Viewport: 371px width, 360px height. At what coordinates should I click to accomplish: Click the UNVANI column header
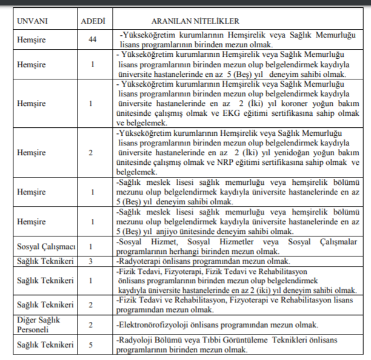tap(34, 22)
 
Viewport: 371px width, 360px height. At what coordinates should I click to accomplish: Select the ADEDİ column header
tap(93, 22)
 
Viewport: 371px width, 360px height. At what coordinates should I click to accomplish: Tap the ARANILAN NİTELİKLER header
tap(195, 22)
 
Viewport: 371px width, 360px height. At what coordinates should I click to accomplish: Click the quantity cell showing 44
tap(92, 40)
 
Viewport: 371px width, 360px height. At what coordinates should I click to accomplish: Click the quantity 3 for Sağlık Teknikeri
tap(92, 261)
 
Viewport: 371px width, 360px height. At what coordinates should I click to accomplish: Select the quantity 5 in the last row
tap(92, 345)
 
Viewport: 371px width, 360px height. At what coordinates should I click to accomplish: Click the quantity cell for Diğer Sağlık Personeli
tap(92, 324)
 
